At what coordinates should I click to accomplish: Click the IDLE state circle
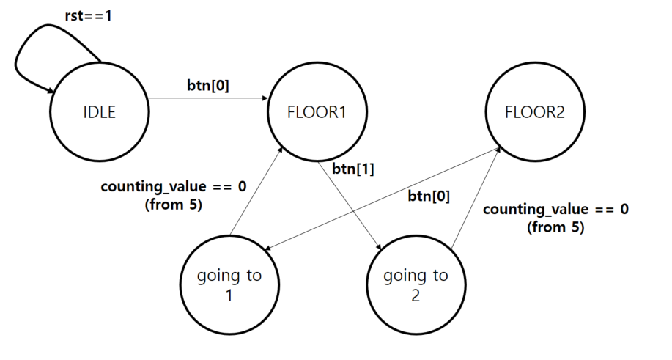click(x=99, y=113)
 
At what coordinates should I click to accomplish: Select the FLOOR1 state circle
click(x=317, y=113)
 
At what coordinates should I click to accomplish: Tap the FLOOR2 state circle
click(x=535, y=113)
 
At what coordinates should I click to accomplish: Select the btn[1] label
click(x=353, y=169)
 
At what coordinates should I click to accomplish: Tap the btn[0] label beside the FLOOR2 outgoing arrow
click(x=428, y=196)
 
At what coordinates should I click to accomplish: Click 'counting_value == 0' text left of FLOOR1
click(x=173, y=186)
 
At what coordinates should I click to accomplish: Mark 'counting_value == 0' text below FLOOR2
click(x=555, y=209)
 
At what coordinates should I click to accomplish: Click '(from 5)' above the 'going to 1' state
click(x=174, y=205)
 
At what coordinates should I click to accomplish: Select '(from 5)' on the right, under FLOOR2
click(x=555, y=227)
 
